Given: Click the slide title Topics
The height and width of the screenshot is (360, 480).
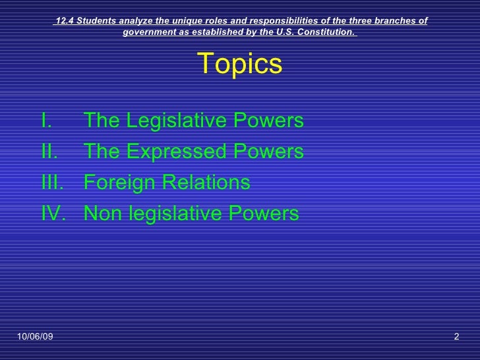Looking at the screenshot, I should (x=240, y=64).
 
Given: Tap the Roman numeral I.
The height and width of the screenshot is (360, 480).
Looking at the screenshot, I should (x=45, y=121).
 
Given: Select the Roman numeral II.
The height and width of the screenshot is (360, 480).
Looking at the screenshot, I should (x=48, y=152).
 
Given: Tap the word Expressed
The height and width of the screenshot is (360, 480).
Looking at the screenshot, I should (x=175, y=152).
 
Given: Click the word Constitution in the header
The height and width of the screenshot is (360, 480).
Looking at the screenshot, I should (x=327, y=32).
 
